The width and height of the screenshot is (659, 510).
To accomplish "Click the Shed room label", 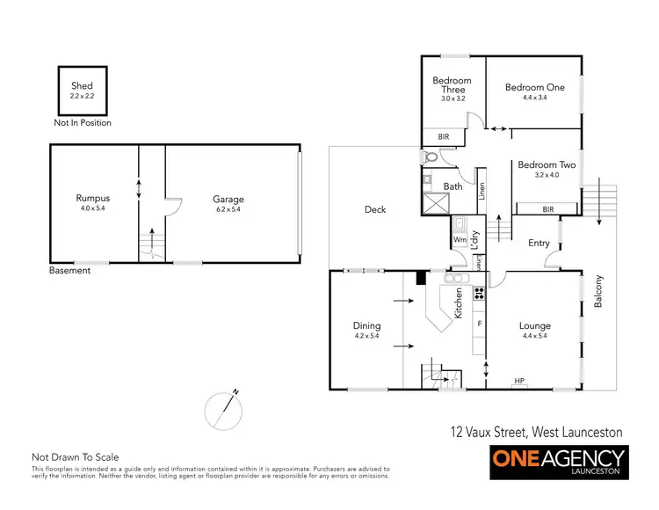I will (83, 86).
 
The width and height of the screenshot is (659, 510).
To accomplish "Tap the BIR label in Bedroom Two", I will (547, 209).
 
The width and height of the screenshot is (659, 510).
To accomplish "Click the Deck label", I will (375, 209).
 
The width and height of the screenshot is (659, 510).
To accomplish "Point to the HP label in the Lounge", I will (518, 381).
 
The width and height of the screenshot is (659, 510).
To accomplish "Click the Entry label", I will (539, 244).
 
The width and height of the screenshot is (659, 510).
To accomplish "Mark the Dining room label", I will (366, 325).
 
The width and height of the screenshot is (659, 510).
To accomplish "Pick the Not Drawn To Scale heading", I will (75, 456).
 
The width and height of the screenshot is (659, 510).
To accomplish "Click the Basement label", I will (69, 271).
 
